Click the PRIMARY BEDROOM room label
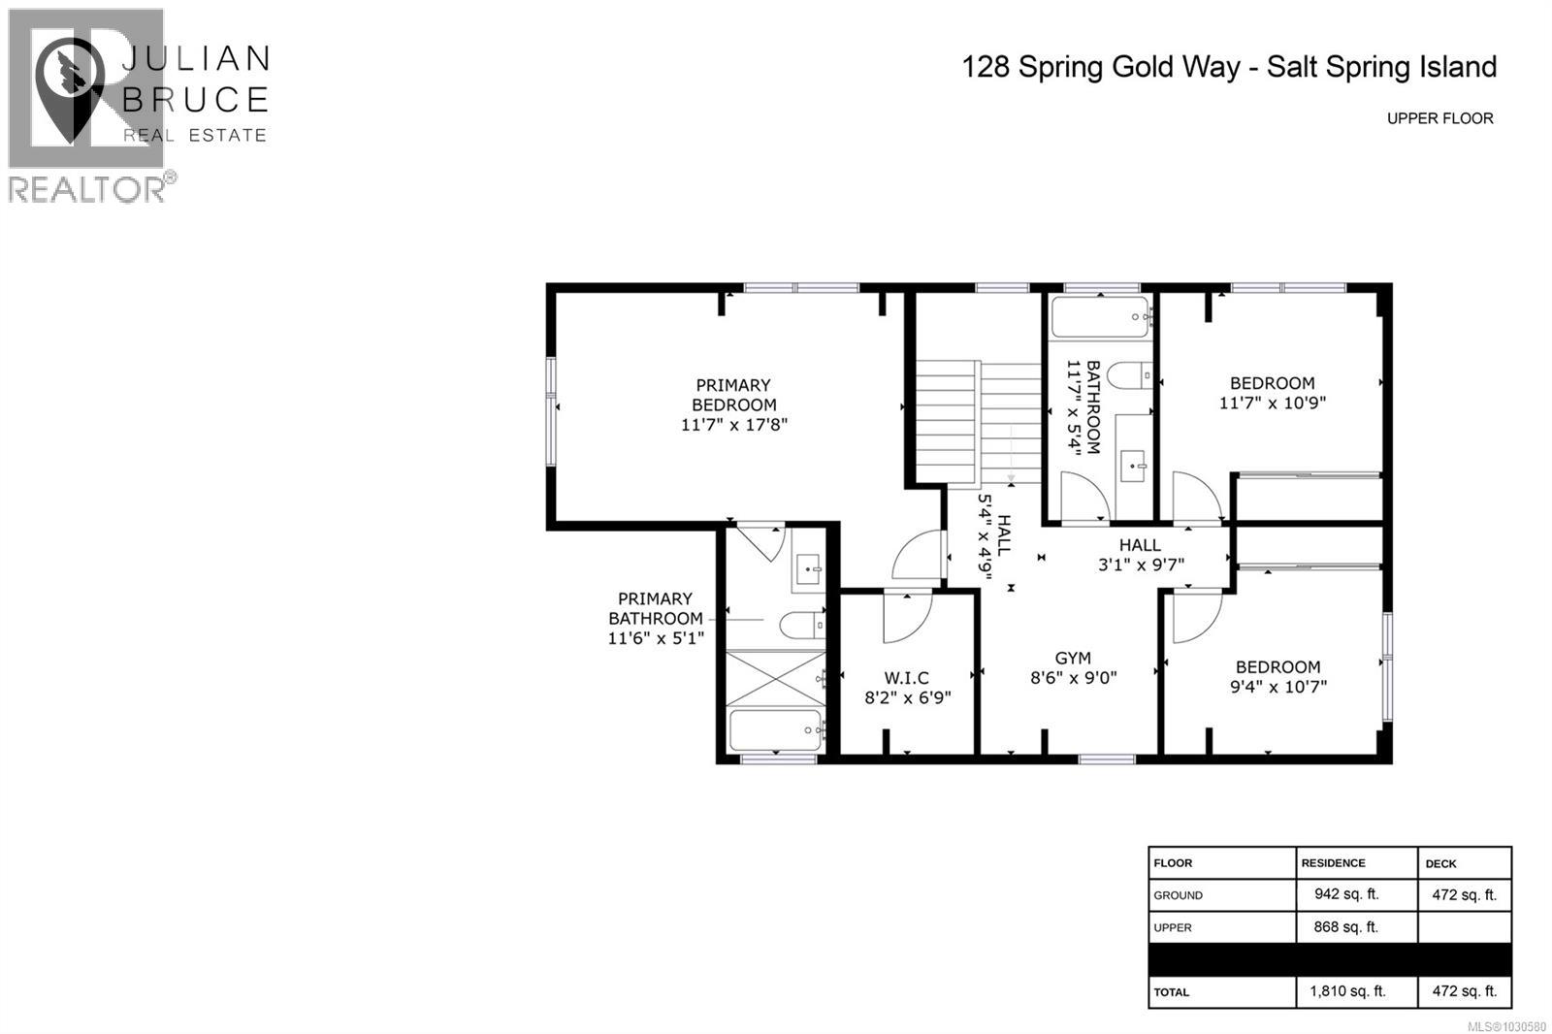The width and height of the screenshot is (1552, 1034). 733,395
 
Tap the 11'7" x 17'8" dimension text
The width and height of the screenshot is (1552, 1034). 733,425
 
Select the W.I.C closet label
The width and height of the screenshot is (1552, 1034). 906,678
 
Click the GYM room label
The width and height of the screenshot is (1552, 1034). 1073,658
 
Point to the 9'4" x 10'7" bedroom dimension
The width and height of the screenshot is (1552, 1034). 1277,687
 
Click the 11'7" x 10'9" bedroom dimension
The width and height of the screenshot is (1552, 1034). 1272,403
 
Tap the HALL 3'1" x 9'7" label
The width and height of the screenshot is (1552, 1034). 1140,555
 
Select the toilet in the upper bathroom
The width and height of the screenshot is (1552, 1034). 1129,373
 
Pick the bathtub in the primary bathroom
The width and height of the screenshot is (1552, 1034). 775,730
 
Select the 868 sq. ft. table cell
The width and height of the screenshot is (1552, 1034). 1345,927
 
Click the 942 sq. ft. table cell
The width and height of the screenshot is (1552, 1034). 1345,894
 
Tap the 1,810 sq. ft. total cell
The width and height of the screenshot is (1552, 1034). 1347,991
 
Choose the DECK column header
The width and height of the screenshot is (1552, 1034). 1440,863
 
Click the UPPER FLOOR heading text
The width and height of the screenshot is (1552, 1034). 1439,118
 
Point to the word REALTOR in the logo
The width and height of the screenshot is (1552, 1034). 86,189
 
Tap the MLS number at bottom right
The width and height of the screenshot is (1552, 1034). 1506,1026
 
